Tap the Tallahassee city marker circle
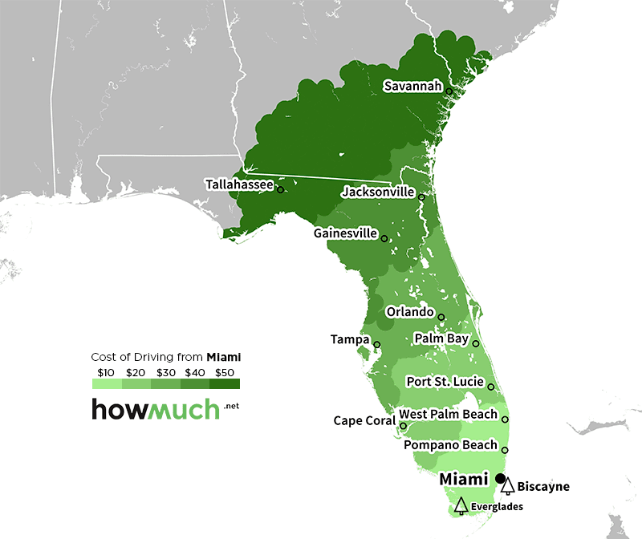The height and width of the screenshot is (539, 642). [x=280, y=189]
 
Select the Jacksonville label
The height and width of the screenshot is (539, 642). [x=377, y=192]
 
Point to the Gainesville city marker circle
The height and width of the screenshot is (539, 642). [x=384, y=238]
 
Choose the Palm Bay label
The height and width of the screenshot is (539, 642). [x=441, y=338]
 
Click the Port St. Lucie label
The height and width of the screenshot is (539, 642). [x=445, y=382]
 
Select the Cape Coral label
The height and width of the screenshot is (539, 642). [x=364, y=421]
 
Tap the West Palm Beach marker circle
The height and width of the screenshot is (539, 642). [x=505, y=419]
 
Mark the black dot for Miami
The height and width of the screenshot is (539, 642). [x=501, y=478]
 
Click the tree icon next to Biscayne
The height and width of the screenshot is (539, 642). [x=507, y=485]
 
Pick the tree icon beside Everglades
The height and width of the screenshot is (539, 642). [x=461, y=505]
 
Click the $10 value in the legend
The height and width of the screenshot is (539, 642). [x=106, y=372]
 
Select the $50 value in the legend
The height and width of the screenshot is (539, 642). [x=225, y=372]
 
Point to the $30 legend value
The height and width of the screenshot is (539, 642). [x=165, y=372]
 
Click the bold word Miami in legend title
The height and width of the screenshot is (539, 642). [x=224, y=356]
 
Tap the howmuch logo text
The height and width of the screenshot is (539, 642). [x=155, y=409]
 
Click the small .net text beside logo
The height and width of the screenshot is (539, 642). [x=232, y=407]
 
